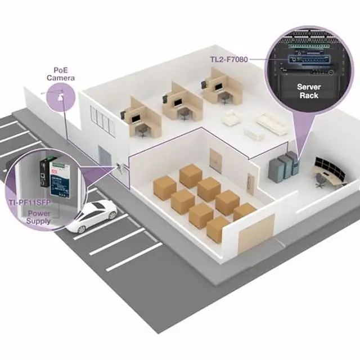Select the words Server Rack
pyautogui.click(x=308, y=91)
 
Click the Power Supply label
pyautogui.click(x=38, y=217)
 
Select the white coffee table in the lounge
pyautogui.click(x=254, y=133)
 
